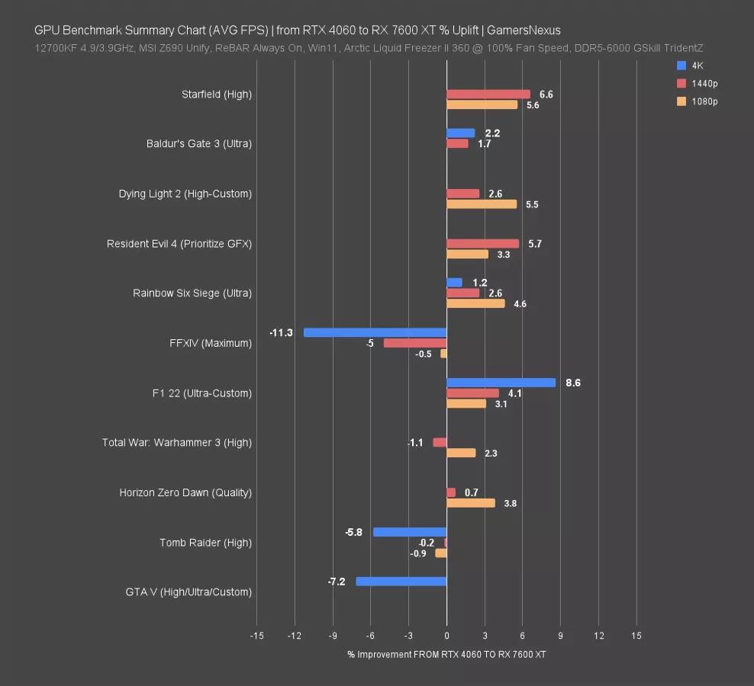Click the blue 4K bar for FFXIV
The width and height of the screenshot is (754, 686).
coord(375,332)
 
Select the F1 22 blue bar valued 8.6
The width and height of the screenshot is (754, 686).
coord(501,383)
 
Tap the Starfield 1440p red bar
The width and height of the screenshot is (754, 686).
coord(488,95)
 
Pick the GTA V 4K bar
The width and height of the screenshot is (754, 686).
coord(401,582)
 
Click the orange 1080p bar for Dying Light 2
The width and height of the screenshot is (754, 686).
coord(482,204)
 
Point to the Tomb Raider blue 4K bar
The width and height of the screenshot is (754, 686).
coord(410,532)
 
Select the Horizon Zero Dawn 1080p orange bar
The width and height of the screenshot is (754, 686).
coord(471,503)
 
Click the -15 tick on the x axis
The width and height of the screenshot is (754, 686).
coord(256,636)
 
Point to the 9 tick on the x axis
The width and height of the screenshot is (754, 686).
coord(561,636)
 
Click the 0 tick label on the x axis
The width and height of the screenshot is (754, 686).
coord(447,636)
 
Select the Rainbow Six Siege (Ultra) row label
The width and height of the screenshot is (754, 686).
coord(192,293)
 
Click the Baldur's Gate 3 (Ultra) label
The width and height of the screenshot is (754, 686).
coord(199,143)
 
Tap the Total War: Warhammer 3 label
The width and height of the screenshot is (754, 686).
coord(177,442)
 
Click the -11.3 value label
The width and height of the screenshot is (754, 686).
coord(281,333)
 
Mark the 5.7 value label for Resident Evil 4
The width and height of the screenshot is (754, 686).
coord(535,244)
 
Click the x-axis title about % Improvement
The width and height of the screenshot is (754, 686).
coord(446,655)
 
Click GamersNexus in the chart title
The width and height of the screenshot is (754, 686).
coord(524,30)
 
